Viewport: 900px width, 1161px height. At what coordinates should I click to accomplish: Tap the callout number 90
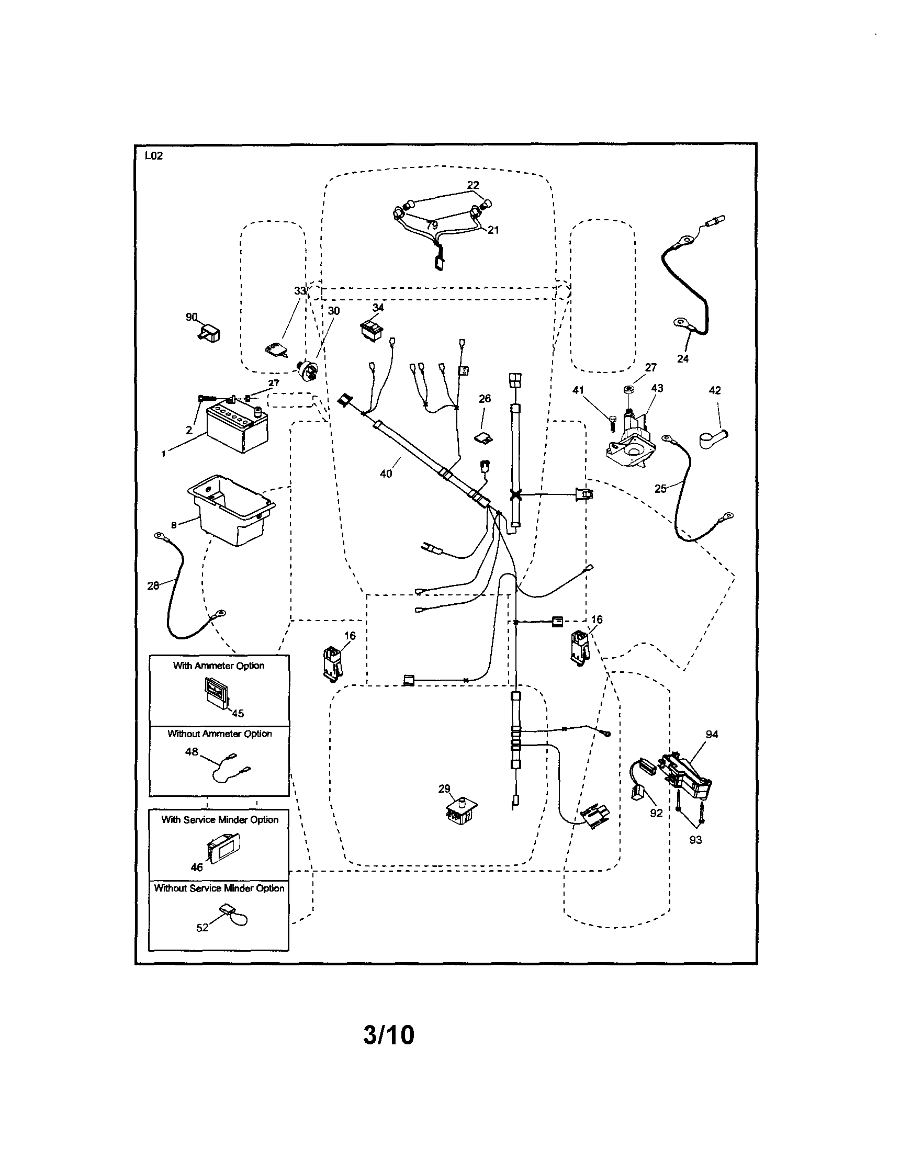click(x=192, y=318)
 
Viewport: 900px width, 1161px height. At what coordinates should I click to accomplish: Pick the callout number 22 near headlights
click(x=473, y=185)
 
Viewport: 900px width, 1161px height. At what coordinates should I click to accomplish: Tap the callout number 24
click(x=682, y=359)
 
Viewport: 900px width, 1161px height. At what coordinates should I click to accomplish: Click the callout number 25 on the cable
click(x=660, y=489)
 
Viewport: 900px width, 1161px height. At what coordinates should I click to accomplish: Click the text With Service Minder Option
click(x=220, y=820)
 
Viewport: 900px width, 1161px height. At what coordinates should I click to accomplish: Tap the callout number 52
click(x=202, y=928)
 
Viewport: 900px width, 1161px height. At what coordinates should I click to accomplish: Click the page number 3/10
click(x=389, y=1035)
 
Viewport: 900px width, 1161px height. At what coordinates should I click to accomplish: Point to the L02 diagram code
click(x=154, y=156)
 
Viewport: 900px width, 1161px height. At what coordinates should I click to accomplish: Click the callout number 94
click(x=712, y=734)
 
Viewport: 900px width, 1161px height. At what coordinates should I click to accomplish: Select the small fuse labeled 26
click(x=483, y=438)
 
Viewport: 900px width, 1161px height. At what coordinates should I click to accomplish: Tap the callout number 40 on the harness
click(x=386, y=473)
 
